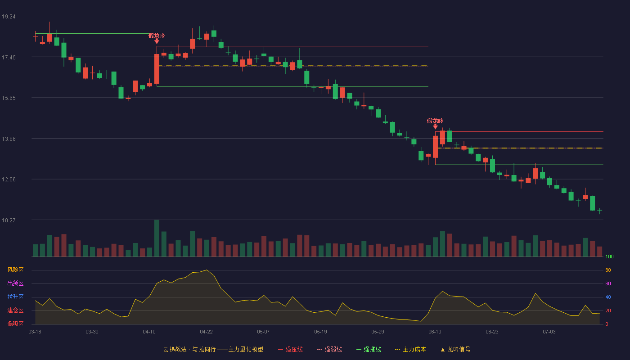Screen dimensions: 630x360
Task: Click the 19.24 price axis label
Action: (x=9, y=17)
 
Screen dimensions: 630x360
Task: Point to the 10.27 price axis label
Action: (x=9, y=220)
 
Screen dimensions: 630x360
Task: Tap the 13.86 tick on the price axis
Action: (x=9, y=139)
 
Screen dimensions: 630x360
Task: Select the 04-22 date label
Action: (x=206, y=332)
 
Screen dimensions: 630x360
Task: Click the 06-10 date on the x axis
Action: (x=435, y=332)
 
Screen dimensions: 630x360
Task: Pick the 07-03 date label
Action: (x=549, y=332)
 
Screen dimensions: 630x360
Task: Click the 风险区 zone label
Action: (x=15, y=270)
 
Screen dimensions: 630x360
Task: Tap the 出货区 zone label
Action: (x=15, y=283)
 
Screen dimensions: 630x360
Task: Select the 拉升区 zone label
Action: (x=15, y=297)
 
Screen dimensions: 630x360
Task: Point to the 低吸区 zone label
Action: (x=15, y=324)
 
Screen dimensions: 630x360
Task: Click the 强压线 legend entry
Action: (x=290, y=349)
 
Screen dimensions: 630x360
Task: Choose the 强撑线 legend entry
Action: (x=369, y=349)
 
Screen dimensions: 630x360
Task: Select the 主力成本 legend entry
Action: (x=410, y=349)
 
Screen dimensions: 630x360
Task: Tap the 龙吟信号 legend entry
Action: (x=455, y=349)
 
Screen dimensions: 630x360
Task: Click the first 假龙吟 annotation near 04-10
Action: (x=157, y=36)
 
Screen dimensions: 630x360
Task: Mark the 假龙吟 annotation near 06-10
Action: (x=435, y=121)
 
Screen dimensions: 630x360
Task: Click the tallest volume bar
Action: (x=157, y=238)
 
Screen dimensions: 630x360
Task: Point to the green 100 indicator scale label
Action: (x=609, y=256)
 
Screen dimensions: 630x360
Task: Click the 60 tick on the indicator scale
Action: (x=608, y=283)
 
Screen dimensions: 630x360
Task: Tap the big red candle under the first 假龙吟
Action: (x=157, y=69)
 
